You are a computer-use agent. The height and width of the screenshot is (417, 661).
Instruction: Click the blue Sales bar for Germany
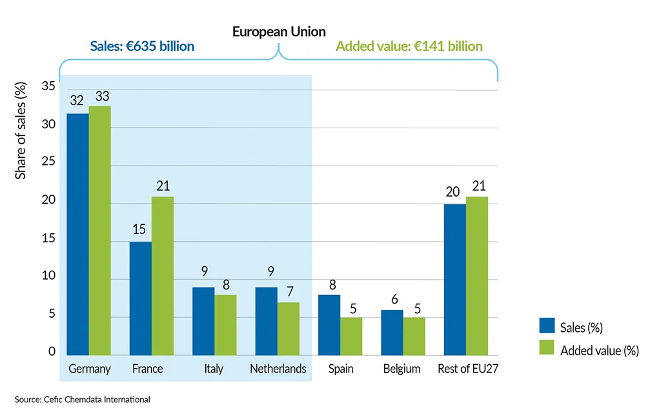[x=77, y=234]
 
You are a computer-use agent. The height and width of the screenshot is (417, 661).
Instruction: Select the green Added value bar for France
[x=162, y=276]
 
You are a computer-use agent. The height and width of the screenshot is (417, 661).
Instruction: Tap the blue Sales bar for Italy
[x=203, y=321]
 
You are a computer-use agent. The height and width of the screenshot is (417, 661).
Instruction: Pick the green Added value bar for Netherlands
[x=287, y=329]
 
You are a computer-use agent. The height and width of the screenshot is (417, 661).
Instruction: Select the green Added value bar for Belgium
[x=414, y=336]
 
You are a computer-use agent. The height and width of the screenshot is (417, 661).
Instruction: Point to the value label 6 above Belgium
[x=392, y=300]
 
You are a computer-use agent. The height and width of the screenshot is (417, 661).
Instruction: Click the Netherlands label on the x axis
[x=278, y=369]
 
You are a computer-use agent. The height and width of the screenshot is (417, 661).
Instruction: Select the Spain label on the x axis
[x=341, y=369]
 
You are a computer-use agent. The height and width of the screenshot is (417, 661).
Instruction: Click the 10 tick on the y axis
[x=48, y=277]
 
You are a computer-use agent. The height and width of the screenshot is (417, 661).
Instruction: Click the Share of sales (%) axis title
[x=21, y=131]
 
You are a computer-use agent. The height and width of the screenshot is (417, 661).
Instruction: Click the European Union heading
[x=279, y=32]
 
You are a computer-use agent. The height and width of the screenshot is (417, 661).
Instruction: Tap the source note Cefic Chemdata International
[x=82, y=400]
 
